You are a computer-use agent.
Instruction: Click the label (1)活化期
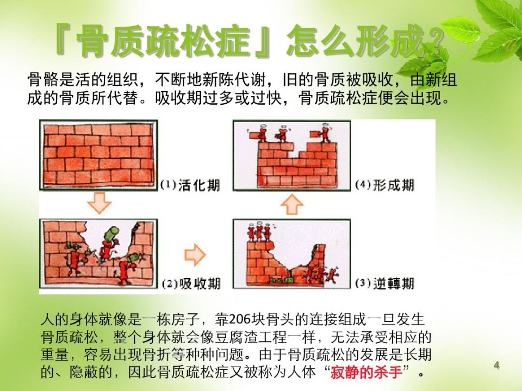coord(190,185)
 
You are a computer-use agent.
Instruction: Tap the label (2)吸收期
coord(191,283)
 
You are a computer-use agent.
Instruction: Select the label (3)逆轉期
coord(385,283)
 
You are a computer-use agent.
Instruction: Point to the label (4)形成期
coord(385,185)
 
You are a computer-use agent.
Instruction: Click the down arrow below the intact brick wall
coord(99,203)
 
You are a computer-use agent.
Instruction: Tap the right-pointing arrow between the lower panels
coord(195,255)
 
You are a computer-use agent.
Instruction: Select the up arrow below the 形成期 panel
coord(292,204)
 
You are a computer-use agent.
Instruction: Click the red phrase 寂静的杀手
coord(366,371)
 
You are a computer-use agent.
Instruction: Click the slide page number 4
coord(496,365)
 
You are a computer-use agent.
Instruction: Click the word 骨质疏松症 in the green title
coord(163,41)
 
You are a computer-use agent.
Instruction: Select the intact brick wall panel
coord(98,155)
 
